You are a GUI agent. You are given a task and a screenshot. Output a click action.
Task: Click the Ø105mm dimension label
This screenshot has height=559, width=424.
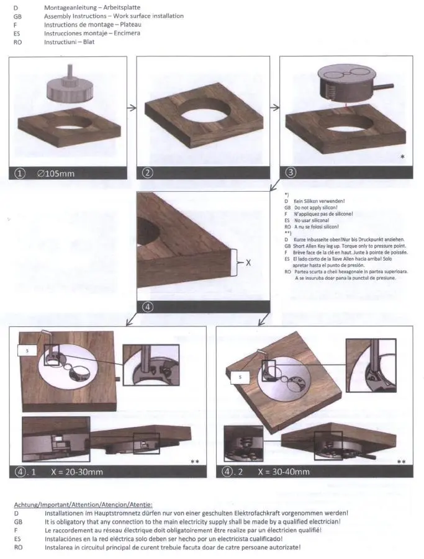tap(56, 174)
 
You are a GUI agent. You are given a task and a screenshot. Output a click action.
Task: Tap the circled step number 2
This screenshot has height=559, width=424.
tap(148, 173)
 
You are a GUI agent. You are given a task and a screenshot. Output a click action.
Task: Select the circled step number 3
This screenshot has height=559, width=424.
tap(291, 172)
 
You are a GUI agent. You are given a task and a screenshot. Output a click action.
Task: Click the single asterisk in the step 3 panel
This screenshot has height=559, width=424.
tap(403, 157)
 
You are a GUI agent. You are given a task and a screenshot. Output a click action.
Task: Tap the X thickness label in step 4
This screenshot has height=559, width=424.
tap(248, 262)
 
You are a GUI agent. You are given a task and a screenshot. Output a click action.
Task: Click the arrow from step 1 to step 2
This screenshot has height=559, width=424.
tap(132, 108)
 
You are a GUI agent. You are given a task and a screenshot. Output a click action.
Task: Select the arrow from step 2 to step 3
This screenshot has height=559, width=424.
tap(274, 107)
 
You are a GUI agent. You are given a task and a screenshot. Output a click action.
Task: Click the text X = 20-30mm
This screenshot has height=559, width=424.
tap(77, 472)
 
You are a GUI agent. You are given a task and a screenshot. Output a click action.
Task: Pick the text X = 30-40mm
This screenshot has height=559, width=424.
tap(284, 472)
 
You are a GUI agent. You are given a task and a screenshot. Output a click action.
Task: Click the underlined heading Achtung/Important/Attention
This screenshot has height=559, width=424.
tap(83, 505)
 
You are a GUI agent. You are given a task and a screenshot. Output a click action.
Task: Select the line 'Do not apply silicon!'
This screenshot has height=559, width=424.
tap(315, 207)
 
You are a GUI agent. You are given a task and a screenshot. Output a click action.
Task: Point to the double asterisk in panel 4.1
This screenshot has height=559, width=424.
tap(195, 462)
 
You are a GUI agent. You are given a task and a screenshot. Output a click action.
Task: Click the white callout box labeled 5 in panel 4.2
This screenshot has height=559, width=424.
tap(240, 377)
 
